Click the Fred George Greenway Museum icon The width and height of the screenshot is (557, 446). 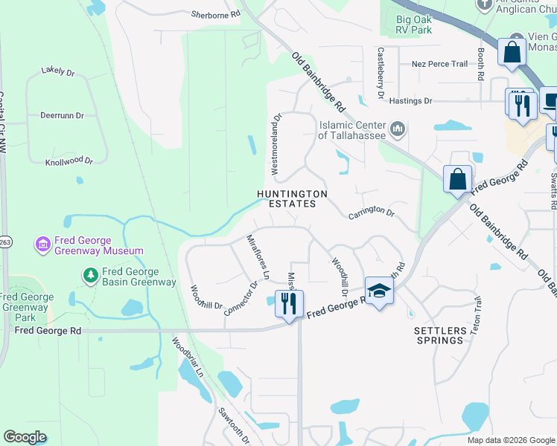click(x=42, y=244)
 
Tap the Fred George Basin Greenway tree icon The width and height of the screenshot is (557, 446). click(x=91, y=275)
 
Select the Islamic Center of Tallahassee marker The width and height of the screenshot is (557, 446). click(x=397, y=130)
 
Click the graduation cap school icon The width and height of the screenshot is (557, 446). click(x=378, y=290)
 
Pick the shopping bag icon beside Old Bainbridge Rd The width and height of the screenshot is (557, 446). click(x=457, y=179)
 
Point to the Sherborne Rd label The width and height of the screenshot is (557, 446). click(x=215, y=14)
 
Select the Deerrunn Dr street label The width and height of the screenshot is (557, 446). click(x=62, y=116)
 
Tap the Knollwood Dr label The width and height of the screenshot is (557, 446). click(x=69, y=161)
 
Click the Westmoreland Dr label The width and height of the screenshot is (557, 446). click(x=276, y=144)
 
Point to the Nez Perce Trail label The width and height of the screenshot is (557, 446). click(x=440, y=64)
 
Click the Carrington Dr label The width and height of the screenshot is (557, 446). click(x=371, y=212)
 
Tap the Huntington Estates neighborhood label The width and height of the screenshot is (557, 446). click(x=292, y=198)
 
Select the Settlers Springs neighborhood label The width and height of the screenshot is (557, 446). click(x=439, y=334)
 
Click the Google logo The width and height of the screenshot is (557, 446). click(x=25, y=437)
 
